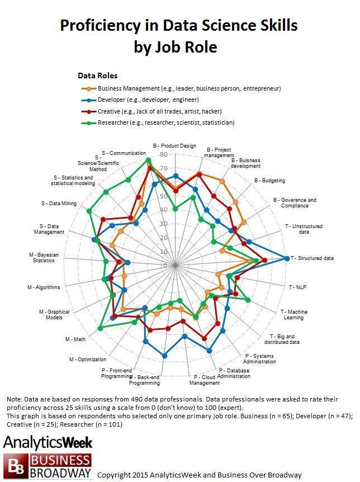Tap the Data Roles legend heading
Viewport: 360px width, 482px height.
97,75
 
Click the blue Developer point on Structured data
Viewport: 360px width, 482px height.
287,258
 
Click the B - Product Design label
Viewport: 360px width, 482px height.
174,146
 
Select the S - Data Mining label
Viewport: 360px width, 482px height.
59,203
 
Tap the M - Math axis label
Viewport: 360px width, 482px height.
75,339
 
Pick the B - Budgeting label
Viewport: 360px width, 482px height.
269,181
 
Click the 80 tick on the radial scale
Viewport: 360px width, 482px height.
163,154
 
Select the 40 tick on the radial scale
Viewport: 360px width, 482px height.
163,210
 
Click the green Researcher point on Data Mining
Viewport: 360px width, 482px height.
88,211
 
